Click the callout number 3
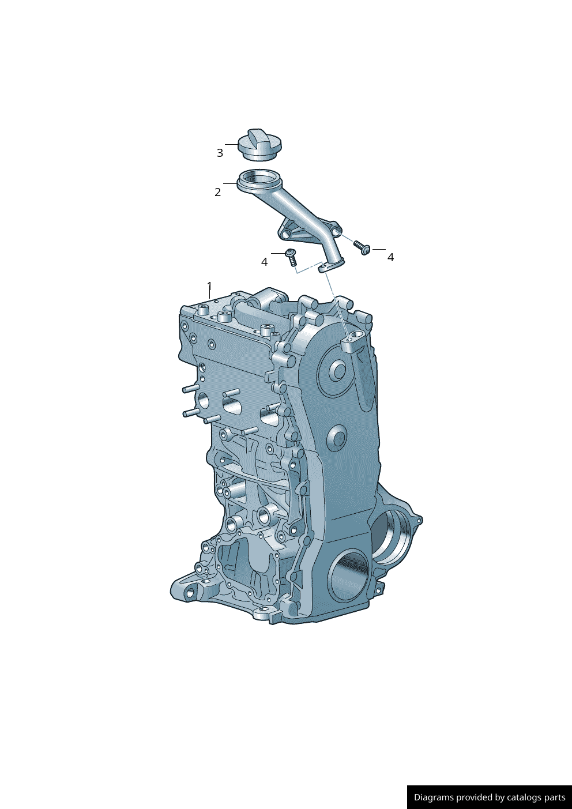tap(220, 153)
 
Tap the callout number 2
tap(217, 192)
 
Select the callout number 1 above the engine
tap(209, 286)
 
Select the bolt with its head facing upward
tap(291, 257)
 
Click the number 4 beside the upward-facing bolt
tap(264, 262)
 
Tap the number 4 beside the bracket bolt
tap(390, 257)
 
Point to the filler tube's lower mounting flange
tap(331, 265)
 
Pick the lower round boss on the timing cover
tap(337, 438)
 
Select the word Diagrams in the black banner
tap(434, 797)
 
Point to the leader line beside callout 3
tap(231, 144)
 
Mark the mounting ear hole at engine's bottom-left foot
tap(190, 593)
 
